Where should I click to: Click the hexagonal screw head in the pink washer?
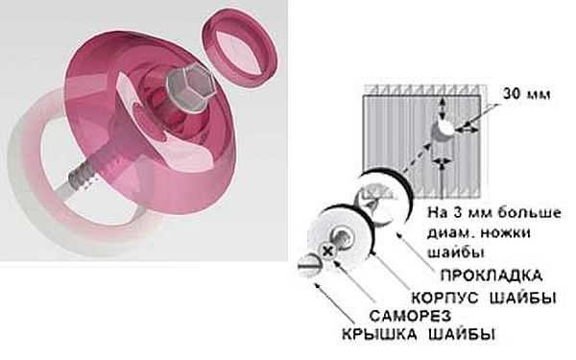click(x=191, y=87)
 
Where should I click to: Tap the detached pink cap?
click(x=240, y=48)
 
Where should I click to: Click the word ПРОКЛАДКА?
click(x=492, y=276)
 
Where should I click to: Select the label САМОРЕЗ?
click(x=410, y=316)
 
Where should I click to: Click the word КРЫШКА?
click(x=379, y=334)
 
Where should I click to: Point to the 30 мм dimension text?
click(x=526, y=94)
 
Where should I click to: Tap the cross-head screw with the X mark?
click(x=327, y=252)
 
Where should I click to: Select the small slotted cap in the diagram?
click(x=309, y=265)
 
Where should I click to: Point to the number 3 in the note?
click(x=457, y=213)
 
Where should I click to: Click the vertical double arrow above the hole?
click(x=444, y=108)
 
